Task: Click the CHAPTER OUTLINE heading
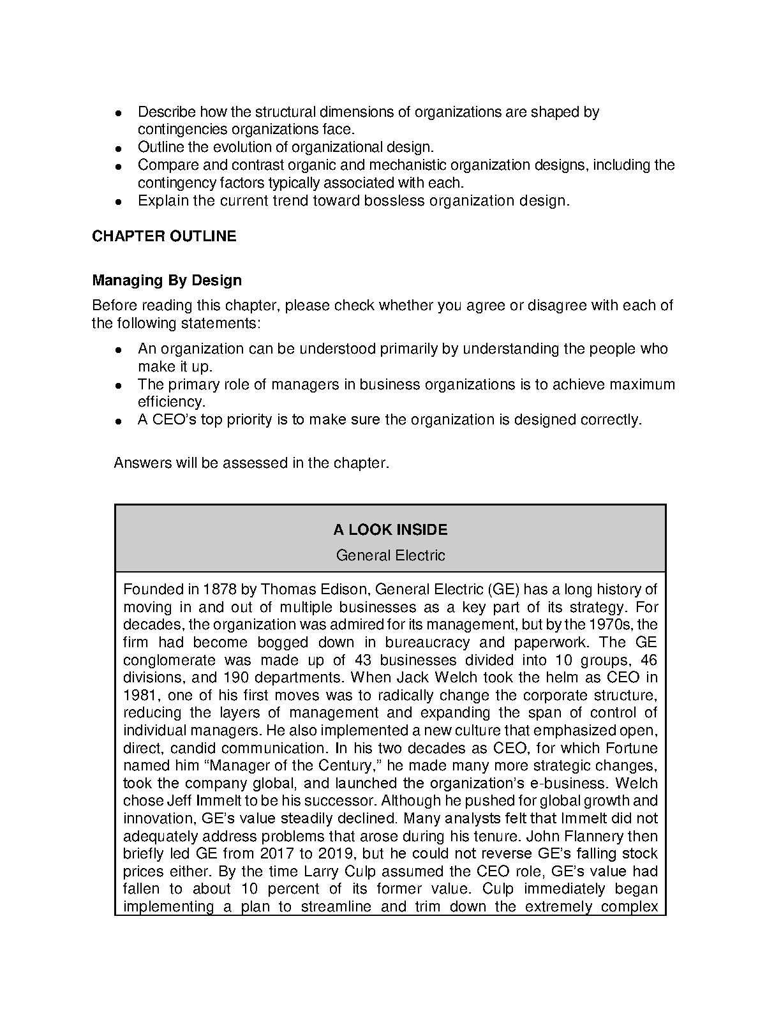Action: [164, 236]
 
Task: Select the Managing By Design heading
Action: [167, 280]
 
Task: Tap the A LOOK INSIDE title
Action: [390, 530]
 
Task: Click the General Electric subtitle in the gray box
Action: [390, 555]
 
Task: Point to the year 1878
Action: [220, 589]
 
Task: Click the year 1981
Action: [140, 695]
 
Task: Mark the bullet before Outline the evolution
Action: [119, 148]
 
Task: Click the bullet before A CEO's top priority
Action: [119, 421]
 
